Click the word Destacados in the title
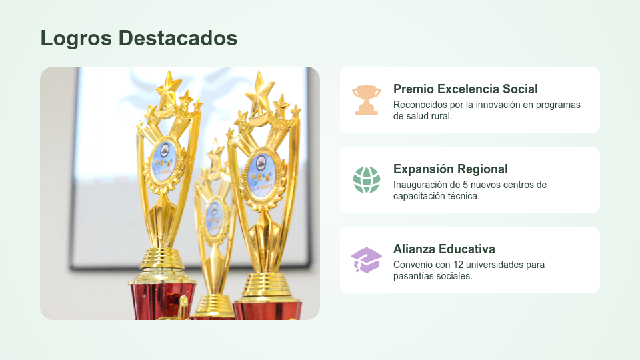(178, 38)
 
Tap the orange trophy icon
(366, 100)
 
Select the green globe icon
(366, 180)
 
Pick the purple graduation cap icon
(366, 260)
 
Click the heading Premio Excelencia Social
(465, 89)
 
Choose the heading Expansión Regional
(451, 169)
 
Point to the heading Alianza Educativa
(444, 249)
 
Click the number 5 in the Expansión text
(475, 185)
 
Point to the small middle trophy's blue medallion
(213, 217)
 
